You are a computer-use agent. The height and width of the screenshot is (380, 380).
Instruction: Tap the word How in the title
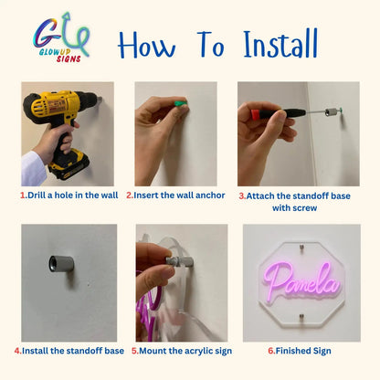coord(148,43)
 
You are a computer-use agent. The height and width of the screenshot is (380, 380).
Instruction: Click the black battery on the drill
coord(67,166)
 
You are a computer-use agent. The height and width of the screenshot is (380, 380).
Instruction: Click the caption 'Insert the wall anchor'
coord(180,195)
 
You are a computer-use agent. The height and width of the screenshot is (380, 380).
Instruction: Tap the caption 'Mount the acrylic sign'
coord(181,351)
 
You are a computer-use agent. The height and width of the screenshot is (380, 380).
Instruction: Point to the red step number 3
coord(241,195)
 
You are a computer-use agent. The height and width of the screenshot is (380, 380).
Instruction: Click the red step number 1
coord(22,195)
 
